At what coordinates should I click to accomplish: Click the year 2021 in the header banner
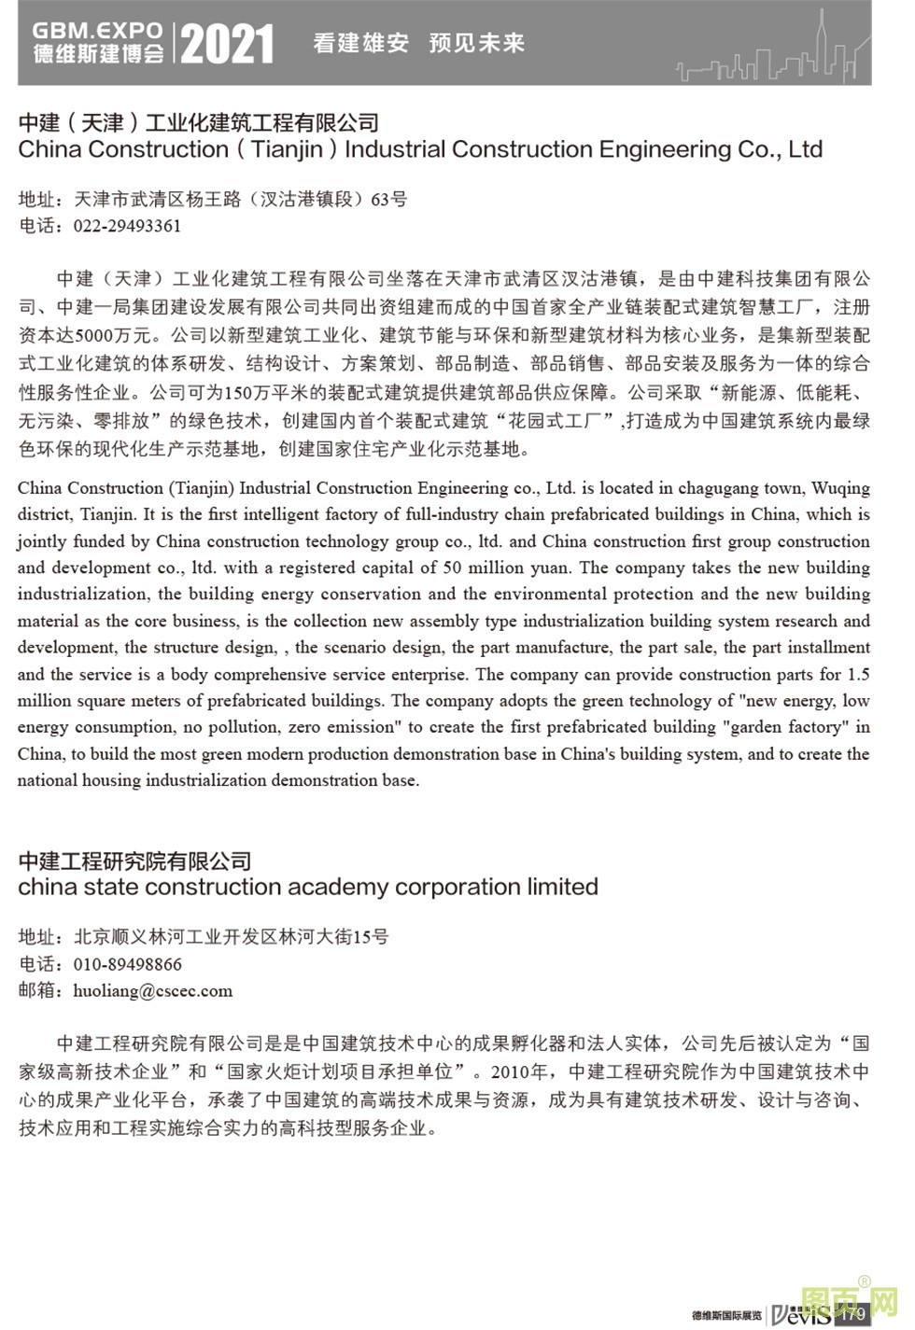coord(227,44)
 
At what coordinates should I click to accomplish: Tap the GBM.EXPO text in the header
coord(97,31)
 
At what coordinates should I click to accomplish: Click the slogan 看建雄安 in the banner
coord(361,43)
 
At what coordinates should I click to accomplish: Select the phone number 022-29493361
coord(127,226)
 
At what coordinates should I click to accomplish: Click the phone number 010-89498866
coord(127,964)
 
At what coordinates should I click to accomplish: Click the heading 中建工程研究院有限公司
coord(134,861)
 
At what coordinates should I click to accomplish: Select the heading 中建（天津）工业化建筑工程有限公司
coord(198,122)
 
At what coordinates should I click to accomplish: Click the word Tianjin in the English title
coord(287,149)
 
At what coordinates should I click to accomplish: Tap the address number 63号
coord(388,199)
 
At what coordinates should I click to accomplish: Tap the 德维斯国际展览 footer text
coord(726,1315)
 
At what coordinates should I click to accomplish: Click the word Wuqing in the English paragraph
coord(840,487)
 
